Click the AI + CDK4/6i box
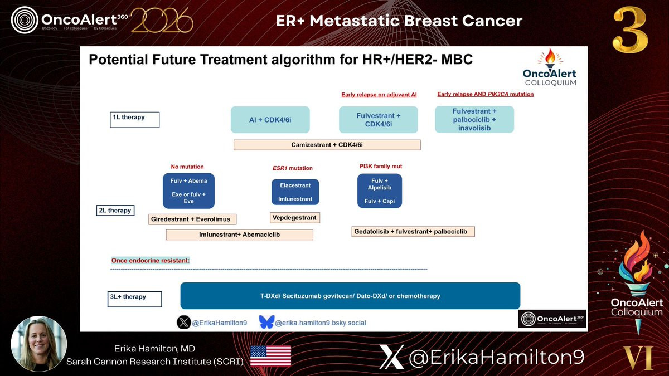tap(270, 120)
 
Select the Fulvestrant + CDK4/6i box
tap(379, 120)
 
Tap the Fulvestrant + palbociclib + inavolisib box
tap(474, 119)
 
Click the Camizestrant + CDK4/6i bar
tap(327, 145)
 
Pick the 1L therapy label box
tap(135, 120)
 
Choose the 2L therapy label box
tap(115, 211)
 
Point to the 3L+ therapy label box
tap(135, 299)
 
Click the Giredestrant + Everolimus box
tap(192, 219)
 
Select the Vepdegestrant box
tap(295, 218)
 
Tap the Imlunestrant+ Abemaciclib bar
tap(240, 235)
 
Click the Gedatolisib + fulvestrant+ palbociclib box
tap(413, 232)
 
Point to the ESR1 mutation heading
tap(292, 168)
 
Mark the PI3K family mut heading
tap(381, 166)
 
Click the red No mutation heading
tap(187, 167)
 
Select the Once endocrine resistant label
tap(151, 261)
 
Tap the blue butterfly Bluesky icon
tap(266, 323)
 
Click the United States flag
tap(270, 356)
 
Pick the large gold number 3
tap(630, 30)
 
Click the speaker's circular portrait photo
tap(39, 344)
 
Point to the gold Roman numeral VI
tap(638, 358)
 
